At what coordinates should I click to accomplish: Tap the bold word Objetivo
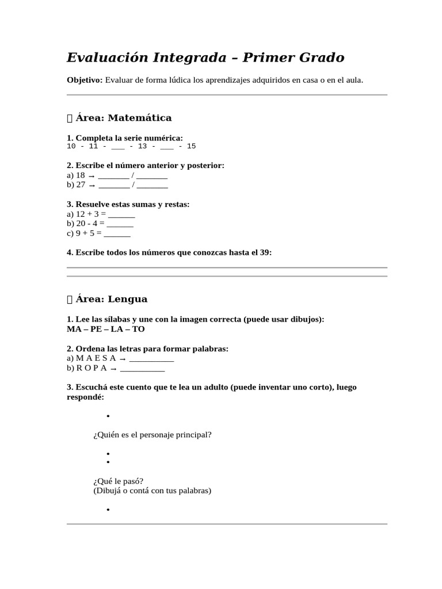pos(84,80)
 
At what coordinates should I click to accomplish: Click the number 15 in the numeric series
pos(191,146)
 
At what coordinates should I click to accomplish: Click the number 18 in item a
pos(81,175)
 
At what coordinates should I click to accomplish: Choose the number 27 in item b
pos(81,185)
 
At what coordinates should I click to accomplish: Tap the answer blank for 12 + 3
pos(121,215)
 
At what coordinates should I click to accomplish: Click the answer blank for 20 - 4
pos(120,224)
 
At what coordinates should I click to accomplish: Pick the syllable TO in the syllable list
pos(139,329)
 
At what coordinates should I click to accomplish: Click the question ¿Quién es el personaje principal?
pos(153,435)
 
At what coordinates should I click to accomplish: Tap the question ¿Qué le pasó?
pos(118,481)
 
